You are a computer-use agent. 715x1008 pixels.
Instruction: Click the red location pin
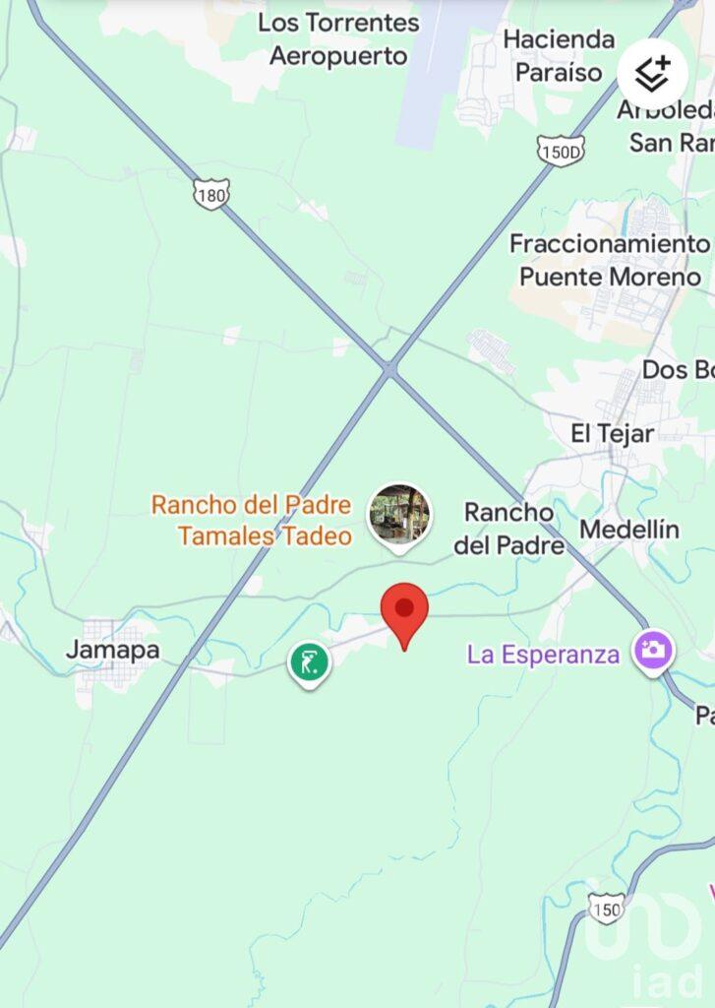click(404, 610)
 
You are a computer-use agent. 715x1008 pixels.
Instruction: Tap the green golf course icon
click(309, 662)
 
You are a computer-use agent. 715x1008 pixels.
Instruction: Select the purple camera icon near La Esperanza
click(652, 651)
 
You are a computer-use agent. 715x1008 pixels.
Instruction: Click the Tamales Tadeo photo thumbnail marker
click(399, 514)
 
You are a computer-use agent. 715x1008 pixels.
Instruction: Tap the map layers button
click(653, 73)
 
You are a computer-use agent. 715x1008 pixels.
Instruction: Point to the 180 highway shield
click(211, 194)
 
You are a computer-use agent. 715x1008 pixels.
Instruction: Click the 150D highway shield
click(562, 150)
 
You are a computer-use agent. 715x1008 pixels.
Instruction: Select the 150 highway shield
click(607, 908)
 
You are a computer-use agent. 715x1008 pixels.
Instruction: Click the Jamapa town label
click(112, 650)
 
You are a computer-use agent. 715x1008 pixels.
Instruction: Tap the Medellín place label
click(628, 530)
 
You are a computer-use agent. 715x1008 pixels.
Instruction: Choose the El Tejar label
click(613, 432)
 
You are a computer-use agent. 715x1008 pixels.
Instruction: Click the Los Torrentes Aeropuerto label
click(338, 39)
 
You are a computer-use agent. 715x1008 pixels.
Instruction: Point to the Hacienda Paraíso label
click(559, 55)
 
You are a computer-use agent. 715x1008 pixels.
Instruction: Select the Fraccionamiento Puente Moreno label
click(610, 260)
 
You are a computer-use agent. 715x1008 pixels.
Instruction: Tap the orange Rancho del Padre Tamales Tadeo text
click(251, 520)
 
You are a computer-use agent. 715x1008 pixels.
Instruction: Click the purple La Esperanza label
click(543, 654)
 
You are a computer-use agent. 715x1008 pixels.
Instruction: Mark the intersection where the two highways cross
click(390, 369)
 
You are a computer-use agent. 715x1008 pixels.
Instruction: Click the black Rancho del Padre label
click(508, 528)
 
